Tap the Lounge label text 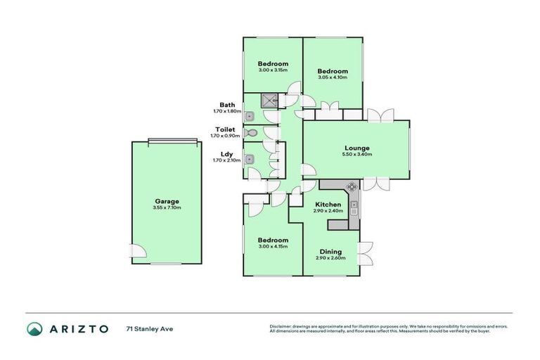[357, 148]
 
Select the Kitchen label [328, 204]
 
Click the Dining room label [330, 251]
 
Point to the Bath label [227, 105]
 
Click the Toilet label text [225, 129]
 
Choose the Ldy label [227, 153]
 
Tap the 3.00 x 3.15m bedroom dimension [273, 70]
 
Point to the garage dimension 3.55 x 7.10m [167, 207]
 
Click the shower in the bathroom [271, 100]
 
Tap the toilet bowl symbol [252, 131]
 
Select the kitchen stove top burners [352, 187]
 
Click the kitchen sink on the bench [354, 207]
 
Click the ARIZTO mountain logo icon [34, 328]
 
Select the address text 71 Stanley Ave [149, 328]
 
